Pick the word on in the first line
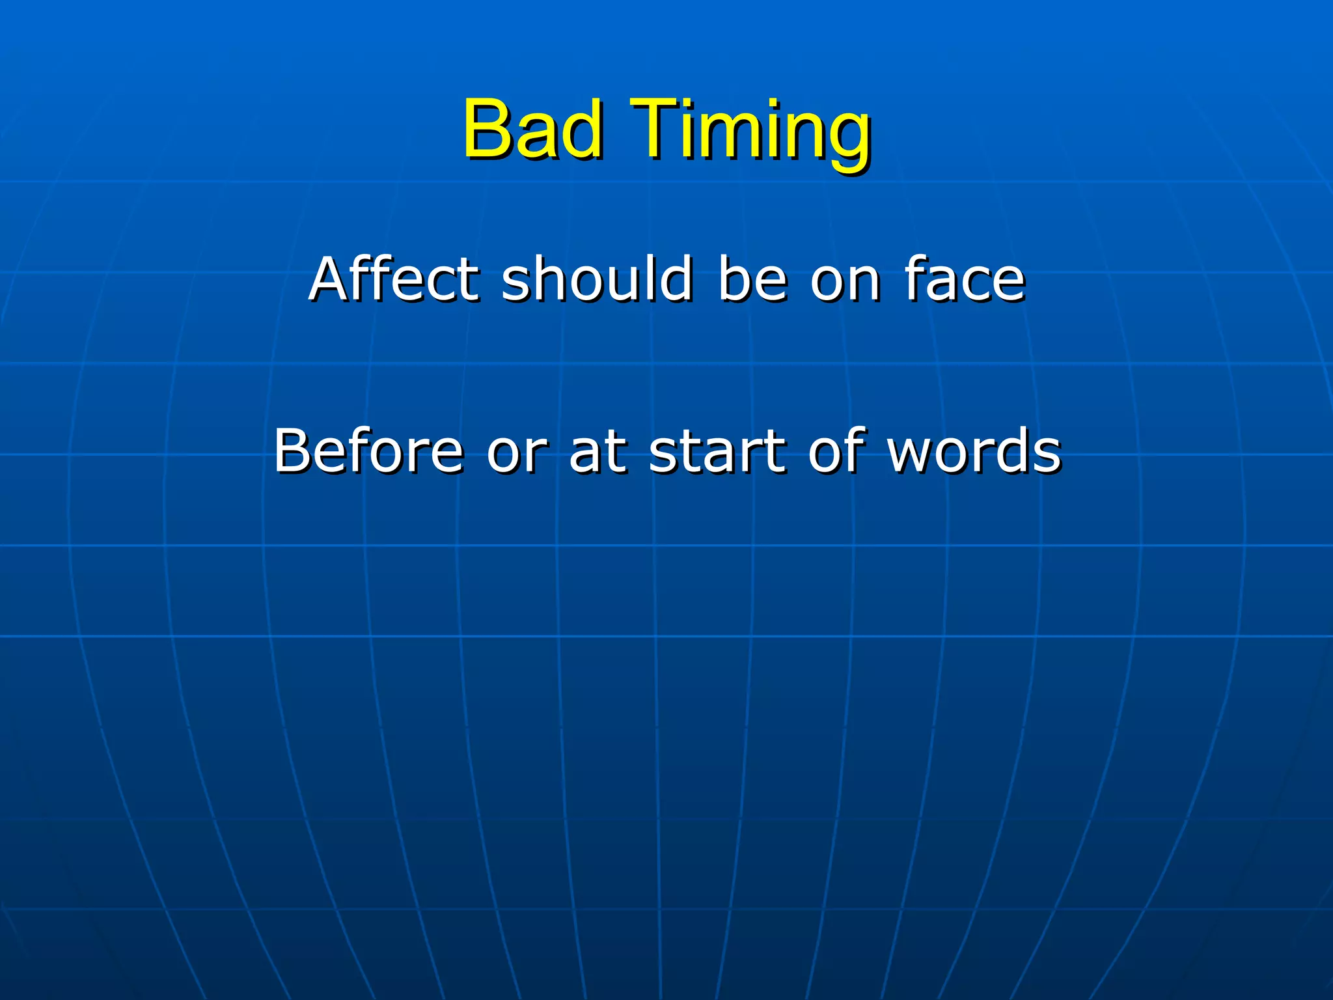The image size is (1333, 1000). pyautogui.click(x=845, y=281)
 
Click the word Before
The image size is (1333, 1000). pyautogui.click(x=368, y=451)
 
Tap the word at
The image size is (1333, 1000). pyautogui.click(x=598, y=452)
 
